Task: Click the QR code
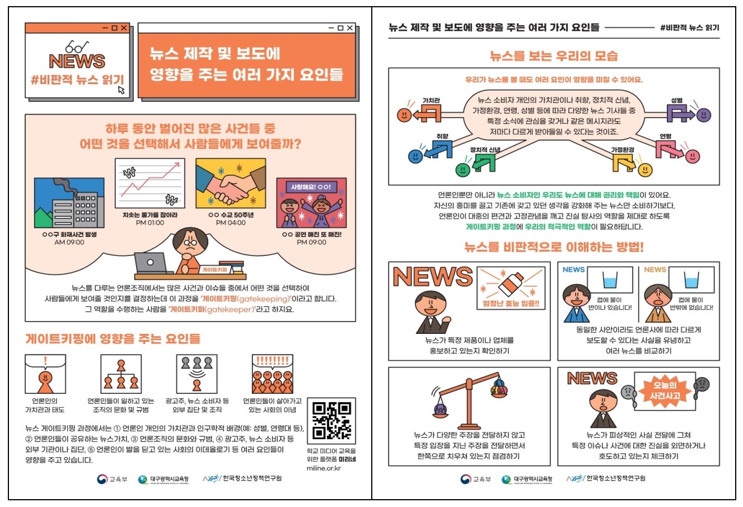click(331, 421)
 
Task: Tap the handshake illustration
click(231, 183)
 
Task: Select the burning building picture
click(69, 203)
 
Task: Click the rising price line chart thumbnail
click(150, 183)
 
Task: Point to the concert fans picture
click(311, 203)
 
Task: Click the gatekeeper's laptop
click(151, 263)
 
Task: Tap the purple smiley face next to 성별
click(704, 115)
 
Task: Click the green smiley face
click(462, 170)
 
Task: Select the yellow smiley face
click(645, 170)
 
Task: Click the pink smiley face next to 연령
click(692, 156)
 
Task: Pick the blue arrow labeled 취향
click(438, 150)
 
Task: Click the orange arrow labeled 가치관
click(427, 114)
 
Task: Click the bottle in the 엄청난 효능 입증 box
click(511, 284)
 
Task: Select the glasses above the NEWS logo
click(77, 47)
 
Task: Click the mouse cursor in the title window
click(121, 90)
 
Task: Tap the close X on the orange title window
click(349, 28)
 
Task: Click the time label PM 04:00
click(231, 222)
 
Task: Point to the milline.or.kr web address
click(324, 468)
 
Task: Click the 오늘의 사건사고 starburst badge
click(665, 390)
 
